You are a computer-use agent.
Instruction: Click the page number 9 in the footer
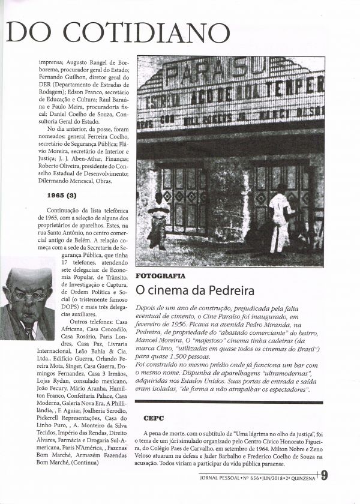pos(324,476)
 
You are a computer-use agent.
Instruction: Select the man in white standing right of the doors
pos(279,219)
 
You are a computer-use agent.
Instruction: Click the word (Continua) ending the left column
pos(88,463)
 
